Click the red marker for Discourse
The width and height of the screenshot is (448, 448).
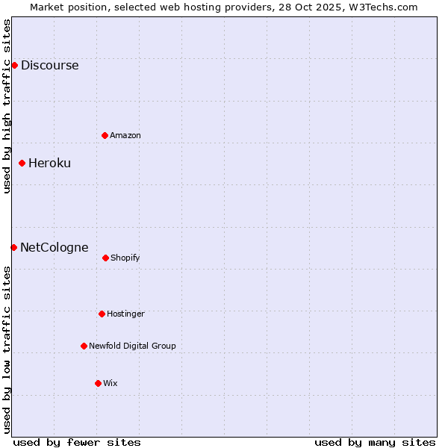point(14,65)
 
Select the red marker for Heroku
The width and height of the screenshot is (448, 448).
point(22,163)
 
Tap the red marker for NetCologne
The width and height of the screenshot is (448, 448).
point(13,247)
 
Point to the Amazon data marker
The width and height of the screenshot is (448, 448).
point(105,135)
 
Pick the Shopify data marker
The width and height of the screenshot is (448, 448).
point(105,258)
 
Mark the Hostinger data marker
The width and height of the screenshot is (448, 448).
point(102,314)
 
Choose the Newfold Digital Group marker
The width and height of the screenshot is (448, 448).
point(84,346)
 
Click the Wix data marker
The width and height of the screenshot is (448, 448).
point(98,383)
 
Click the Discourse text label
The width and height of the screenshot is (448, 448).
point(49,65)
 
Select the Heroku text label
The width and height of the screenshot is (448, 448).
point(49,163)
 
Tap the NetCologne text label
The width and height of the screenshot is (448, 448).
point(54,247)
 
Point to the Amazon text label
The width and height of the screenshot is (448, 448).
point(125,135)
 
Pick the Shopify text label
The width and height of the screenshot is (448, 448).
point(125,258)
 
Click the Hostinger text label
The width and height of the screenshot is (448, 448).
point(125,314)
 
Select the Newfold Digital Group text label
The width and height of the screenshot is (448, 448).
point(132,346)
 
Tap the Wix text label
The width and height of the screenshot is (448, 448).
point(111,383)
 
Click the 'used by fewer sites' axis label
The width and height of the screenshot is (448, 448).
point(77,442)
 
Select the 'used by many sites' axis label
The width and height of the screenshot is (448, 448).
point(375,442)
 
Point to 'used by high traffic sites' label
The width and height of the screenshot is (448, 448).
point(7,106)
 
